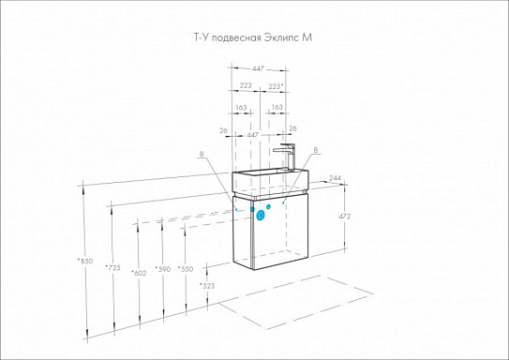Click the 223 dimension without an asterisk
244,86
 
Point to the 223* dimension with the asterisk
276,86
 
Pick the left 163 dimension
242,107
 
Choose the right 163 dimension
277,107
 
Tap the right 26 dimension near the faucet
292,129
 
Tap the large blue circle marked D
262,215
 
